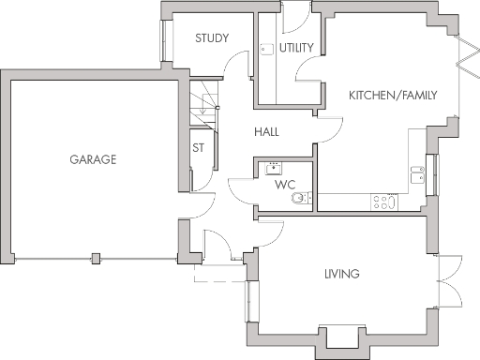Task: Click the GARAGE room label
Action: (92, 159)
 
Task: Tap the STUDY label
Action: (213, 38)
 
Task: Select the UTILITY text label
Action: (296, 47)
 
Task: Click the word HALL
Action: (266, 132)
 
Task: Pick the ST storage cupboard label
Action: (198, 147)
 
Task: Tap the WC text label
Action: (285, 185)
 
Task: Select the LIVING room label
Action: (342, 274)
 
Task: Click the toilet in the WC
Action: (299, 198)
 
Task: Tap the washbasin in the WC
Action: (275, 168)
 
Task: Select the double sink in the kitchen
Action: (417, 172)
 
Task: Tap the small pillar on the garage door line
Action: (96, 258)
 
